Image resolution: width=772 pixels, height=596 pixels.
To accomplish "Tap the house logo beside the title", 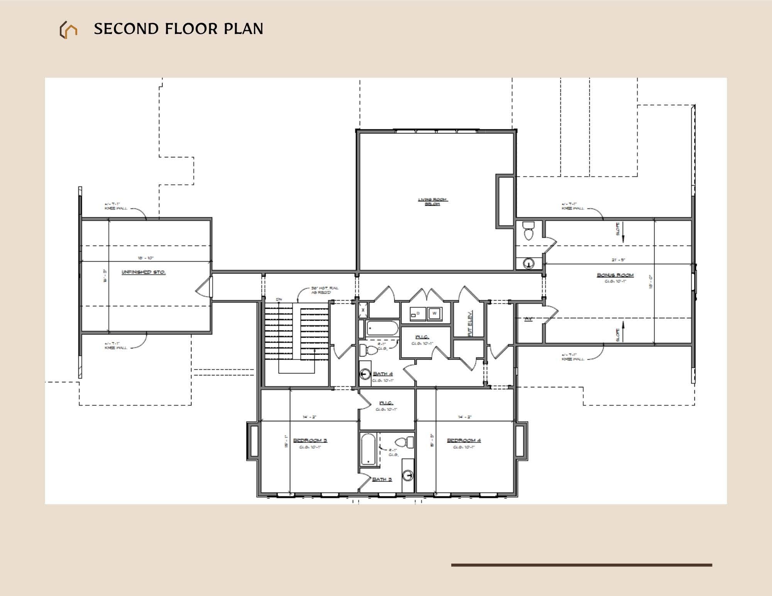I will pyautogui.click(x=68, y=30).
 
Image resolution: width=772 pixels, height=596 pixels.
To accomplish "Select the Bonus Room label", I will pyautogui.click(x=615, y=275).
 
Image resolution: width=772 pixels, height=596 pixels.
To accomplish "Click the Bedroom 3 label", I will pyautogui.click(x=310, y=440).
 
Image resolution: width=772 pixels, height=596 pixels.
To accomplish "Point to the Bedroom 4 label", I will pyautogui.click(x=464, y=440).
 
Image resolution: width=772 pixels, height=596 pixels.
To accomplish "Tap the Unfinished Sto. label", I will pyautogui.click(x=144, y=272).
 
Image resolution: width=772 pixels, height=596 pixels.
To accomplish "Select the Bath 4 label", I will pyautogui.click(x=383, y=374).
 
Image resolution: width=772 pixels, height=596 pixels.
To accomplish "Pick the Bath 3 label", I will pyautogui.click(x=382, y=479).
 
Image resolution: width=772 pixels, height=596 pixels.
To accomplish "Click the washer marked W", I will pyautogui.click(x=435, y=313).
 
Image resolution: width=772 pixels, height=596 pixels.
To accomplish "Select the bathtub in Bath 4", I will pyautogui.click(x=382, y=328).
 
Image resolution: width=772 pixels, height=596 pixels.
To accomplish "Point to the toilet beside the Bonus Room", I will pyautogui.click(x=528, y=231).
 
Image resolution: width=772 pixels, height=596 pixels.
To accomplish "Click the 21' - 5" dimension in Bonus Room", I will pyautogui.click(x=618, y=260).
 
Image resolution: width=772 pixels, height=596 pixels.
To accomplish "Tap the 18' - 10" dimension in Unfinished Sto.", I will pyautogui.click(x=146, y=258).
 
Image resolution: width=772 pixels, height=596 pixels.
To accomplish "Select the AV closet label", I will pyautogui.click(x=528, y=319).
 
